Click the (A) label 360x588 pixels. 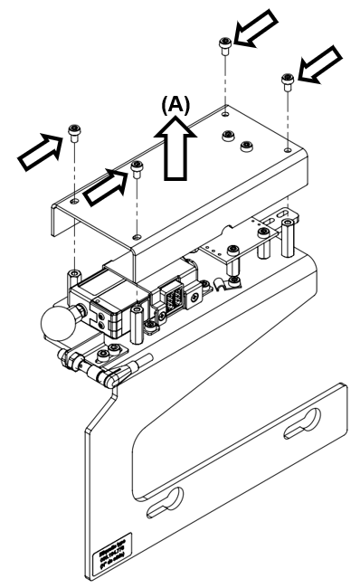175,104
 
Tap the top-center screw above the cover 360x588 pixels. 224,45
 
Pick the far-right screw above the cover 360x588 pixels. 288,82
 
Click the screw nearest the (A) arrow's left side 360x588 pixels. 137,168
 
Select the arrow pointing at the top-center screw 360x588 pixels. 255,30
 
